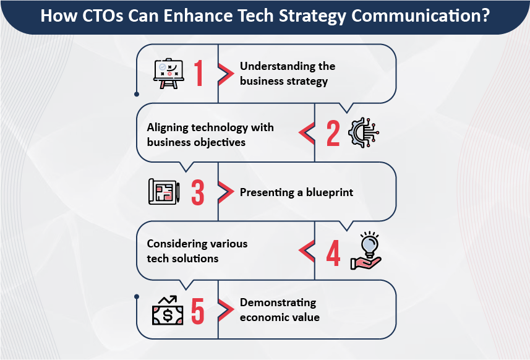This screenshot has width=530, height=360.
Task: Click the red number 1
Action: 199,73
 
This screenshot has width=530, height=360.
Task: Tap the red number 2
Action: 333,133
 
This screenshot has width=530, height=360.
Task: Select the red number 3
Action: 198,192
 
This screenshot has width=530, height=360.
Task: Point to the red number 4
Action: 333,253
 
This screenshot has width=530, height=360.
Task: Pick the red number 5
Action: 198,311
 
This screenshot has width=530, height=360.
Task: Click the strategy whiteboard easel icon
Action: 169,74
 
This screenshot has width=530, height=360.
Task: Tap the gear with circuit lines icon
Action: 364,132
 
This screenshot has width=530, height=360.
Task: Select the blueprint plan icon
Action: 164,191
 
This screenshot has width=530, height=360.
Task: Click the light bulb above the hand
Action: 369,244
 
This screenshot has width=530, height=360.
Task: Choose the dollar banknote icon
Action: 168,315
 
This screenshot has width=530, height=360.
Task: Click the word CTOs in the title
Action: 103,15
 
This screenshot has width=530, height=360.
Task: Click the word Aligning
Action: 167,128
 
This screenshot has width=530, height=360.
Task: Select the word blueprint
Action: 330,192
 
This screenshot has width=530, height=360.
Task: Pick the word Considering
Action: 173,244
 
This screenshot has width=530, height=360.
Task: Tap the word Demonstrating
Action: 278,303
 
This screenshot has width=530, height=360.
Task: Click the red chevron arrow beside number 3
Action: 226,192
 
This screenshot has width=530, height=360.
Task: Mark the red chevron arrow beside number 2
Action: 307,132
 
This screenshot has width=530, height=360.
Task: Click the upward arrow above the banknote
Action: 168,300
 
